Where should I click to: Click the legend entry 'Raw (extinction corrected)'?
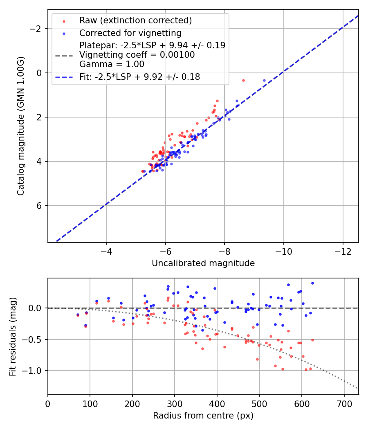tap(135, 20)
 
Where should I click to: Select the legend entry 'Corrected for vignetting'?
tap(130, 33)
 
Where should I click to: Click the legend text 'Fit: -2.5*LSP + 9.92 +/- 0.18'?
tap(139, 77)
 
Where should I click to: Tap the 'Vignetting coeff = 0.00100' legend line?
tap(137, 54)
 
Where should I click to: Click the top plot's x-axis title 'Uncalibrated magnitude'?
tap(203, 263)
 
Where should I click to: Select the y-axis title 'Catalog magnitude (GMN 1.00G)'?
tap(21, 126)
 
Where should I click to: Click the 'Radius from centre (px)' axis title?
tap(203, 416)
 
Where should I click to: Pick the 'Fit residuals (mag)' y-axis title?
tap(13, 336)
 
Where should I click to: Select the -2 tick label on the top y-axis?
tap(37, 29)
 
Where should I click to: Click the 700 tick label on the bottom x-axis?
tap(344, 404)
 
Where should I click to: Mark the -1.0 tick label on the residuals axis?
tap(36, 371)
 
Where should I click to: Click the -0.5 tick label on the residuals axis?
tap(36, 339)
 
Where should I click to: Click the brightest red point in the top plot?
tap(243, 80)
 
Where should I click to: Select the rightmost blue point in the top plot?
tap(264, 81)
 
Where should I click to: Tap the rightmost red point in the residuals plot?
tap(312, 340)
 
